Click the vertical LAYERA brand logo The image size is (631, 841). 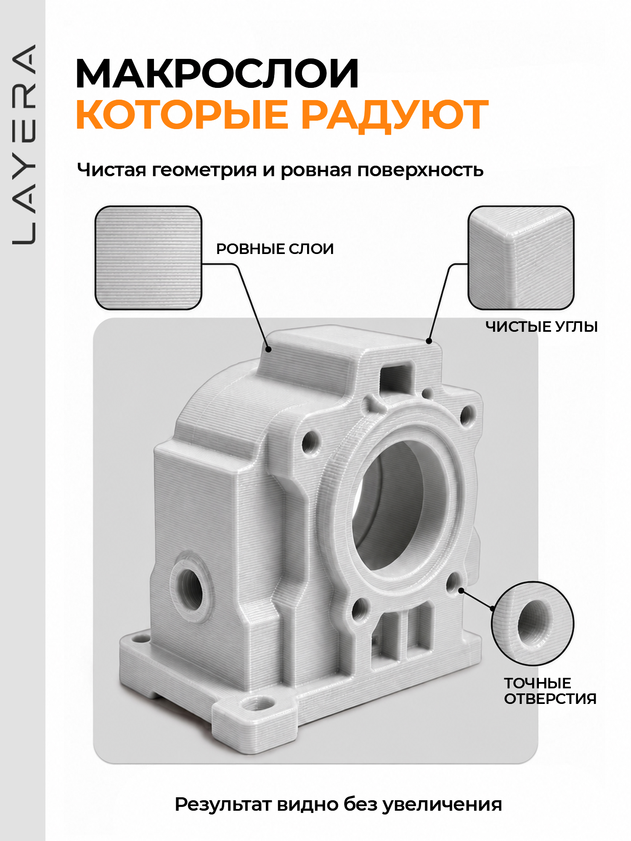(x=24, y=144)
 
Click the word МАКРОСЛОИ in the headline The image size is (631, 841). (x=217, y=74)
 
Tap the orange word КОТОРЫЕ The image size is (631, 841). (x=183, y=114)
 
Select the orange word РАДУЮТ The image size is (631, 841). (x=395, y=115)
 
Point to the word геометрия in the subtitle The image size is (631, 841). (x=204, y=171)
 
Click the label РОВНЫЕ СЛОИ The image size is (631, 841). (x=275, y=249)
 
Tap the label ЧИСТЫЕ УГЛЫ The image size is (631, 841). (x=541, y=327)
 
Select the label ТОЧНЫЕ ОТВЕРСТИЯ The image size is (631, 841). (x=550, y=691)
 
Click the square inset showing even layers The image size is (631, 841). (x=148, y=258)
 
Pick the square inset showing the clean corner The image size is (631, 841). (x=521, y=258)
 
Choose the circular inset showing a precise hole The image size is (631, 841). (x=533, y=623)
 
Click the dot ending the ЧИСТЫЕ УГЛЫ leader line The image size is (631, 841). (x=429, y=341)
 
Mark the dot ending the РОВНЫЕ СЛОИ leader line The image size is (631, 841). (x=268, y=349)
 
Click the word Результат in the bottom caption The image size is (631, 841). (x=223, y=805)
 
